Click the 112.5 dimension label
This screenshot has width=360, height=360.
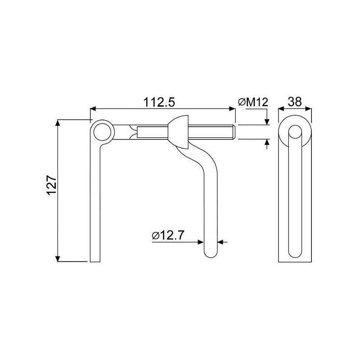pos(159,102)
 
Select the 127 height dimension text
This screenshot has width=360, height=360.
pos(51,185)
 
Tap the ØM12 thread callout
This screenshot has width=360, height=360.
pos(253,102)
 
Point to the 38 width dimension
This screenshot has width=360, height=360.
pos(295,102)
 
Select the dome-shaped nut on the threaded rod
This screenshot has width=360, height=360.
pos(178,132)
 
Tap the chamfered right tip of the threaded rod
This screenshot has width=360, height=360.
pos(234,132)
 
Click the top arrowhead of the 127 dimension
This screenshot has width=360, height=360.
pos(58,123)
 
